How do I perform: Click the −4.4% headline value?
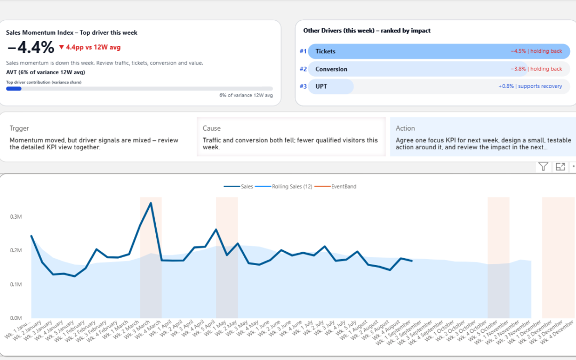30,47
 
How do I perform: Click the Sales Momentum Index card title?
71,33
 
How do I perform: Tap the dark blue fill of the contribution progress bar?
14,89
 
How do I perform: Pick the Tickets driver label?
325,51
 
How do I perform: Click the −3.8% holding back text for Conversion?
536,69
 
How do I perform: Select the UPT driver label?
321,86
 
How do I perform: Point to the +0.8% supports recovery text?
530,86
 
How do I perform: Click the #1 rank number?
303,51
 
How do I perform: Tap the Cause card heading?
211,129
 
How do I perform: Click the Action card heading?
405,129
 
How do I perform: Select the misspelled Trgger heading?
19,129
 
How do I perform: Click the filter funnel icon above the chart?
543,167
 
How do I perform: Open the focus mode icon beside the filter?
560,167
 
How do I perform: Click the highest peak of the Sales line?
151,203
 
